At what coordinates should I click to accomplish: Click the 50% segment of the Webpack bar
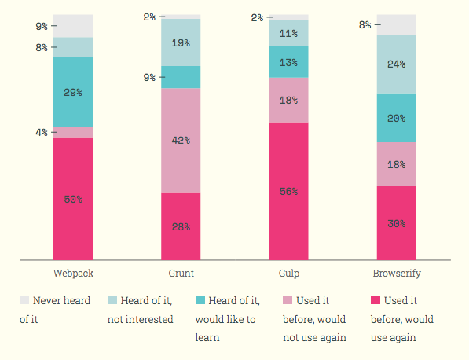click(x=73, y=199)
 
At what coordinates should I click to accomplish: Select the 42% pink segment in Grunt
click(x=181, y=141)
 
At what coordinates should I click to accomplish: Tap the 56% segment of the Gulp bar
click(x=288, y=191)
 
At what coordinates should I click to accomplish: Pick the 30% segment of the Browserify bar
click(x=396, y=223)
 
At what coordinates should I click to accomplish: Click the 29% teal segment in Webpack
click(x=73, y=93)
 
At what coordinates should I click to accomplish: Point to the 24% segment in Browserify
click(x=396, y=64)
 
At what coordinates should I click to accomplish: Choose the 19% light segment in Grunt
click(x=181, y=42)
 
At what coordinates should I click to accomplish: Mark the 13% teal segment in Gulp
click(x=288, y=62)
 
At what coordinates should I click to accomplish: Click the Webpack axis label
click(x=73, y=274)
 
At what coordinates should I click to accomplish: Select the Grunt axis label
click(x=181, y=274)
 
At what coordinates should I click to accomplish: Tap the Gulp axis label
click(x=289, y=274)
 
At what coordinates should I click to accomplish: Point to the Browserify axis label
click(x=397, y=274)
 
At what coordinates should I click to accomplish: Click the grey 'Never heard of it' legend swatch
click(x=24, y=300)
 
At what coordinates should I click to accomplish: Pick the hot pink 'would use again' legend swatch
click(x=376, y=300)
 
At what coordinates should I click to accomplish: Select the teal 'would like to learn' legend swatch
click(x=200, y=300)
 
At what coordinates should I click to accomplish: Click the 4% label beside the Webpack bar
click(x=42, y=132)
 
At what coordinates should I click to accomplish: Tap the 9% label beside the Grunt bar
click(x=149, y=78)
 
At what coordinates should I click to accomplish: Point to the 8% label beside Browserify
click(x=365, y=25)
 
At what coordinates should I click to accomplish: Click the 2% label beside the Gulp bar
click(x=257, y=17)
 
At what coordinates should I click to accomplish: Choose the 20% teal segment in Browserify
click(x=396, y=118)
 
